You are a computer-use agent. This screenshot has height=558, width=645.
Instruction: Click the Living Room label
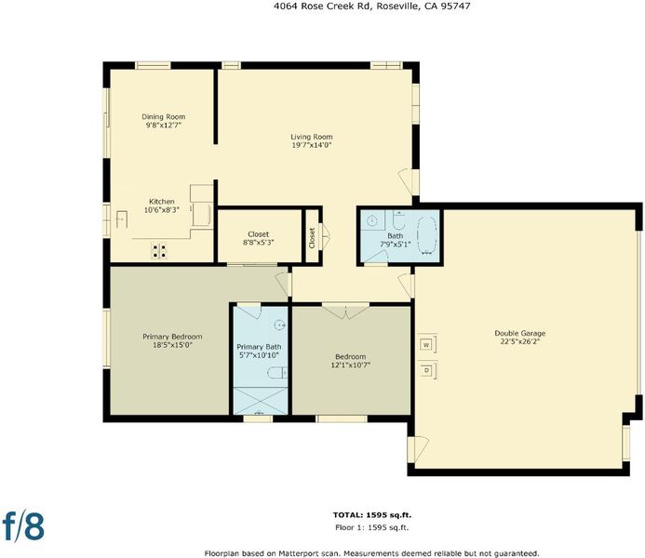tap(312, 137)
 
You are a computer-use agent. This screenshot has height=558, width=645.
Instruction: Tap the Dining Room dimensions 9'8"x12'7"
tap(163, 125)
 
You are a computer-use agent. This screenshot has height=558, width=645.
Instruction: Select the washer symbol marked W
tap(426, 344)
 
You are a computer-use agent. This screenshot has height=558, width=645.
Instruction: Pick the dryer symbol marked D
tap(426, 371)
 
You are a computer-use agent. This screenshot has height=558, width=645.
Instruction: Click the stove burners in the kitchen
tap(159, 251)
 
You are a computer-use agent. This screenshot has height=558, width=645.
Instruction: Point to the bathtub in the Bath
tap(427, 236)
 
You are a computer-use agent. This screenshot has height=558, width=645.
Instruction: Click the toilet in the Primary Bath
tap(277, 373)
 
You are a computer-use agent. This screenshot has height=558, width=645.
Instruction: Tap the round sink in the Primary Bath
tap(280, 325)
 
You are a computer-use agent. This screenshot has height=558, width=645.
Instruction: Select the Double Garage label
tap(520, 333)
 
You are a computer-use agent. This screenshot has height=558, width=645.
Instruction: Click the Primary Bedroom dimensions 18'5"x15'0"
tap(172, 345)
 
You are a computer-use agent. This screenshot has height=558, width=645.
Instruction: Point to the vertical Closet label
tap(312, 238)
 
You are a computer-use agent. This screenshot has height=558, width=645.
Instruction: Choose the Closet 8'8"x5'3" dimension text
tap(259, 243)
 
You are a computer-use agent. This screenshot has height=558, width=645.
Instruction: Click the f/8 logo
tap(23, 525)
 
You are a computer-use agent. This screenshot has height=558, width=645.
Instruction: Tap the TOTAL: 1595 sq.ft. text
tap(372, 515)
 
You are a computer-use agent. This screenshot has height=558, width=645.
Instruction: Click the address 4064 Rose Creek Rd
tap(322, 6)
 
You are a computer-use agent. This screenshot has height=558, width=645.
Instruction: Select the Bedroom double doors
tap(345, 311)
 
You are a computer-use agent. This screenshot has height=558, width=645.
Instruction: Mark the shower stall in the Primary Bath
tap(260, 401)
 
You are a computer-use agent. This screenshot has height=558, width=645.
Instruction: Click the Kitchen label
tap(162, 201)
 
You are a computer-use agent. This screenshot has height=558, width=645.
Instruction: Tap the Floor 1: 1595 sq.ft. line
tap(372, 527)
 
